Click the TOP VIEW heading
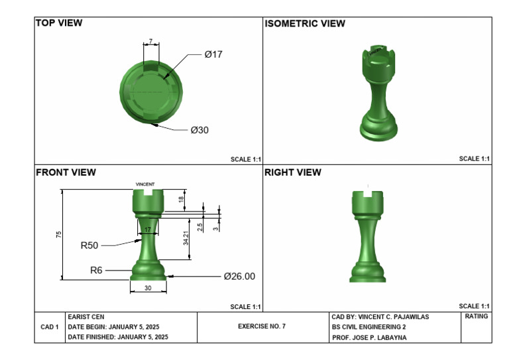tap(59, 23)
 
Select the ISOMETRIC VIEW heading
tap(304, 24)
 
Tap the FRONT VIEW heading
tap(66, 172)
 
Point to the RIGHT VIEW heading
tap(293, 172)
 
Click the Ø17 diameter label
tap(213, 54)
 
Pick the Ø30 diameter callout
tap(199, 130)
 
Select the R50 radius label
tap(89, 245)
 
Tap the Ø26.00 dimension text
tap(239, 276)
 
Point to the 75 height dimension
tap(59, 235)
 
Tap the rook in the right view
tap(367, 235)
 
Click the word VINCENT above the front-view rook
tap(145, 184)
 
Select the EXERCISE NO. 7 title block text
tap(262, 327)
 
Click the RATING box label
tap(477, 317)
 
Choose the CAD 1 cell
tap(50, 327)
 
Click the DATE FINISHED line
tap(118, 337)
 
